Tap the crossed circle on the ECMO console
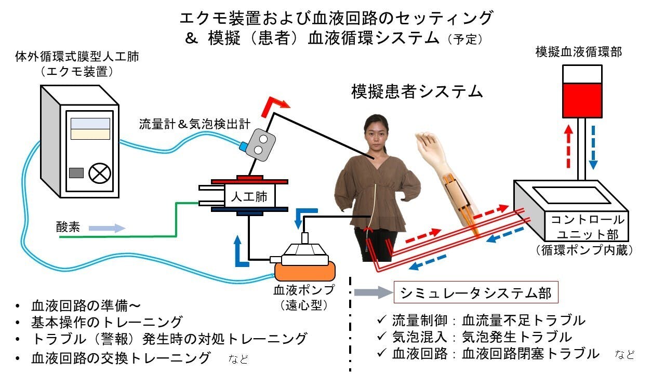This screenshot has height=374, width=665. (97, 173)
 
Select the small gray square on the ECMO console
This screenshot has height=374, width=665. (76, 173)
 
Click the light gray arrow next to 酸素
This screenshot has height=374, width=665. (107, 228)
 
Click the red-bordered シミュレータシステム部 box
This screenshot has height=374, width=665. (476, 293)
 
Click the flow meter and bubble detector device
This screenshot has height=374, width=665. (258, 142)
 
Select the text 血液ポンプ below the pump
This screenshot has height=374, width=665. (304, 289)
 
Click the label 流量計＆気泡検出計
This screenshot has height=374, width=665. (195, 124)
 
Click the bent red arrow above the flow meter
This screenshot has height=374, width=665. (274, 107)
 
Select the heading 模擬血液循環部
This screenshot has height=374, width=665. (579, 52)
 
